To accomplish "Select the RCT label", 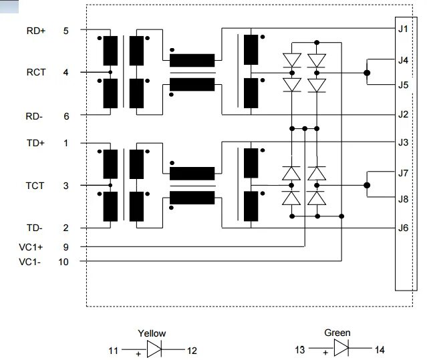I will (x=35, y=72).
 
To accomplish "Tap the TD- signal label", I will (x=35, y=228).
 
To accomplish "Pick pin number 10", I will (x=63, y=262).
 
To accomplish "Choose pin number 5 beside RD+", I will (x=65, y=30).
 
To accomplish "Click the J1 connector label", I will (x=403, y=29).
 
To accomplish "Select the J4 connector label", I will (x=403, y=60).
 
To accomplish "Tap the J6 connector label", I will (x=403, y=228).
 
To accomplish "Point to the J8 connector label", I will (x=403, y=199).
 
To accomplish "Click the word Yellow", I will (x=152, y=333).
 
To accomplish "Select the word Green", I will (x=337, y=333).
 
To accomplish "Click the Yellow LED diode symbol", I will (x=154, y=349).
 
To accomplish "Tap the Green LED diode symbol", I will (x=340, y=349).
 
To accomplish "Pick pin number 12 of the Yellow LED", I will (x=192, y=350).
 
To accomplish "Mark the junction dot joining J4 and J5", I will (x=367, y=72).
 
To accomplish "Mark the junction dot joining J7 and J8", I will (x=367, y=186).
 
